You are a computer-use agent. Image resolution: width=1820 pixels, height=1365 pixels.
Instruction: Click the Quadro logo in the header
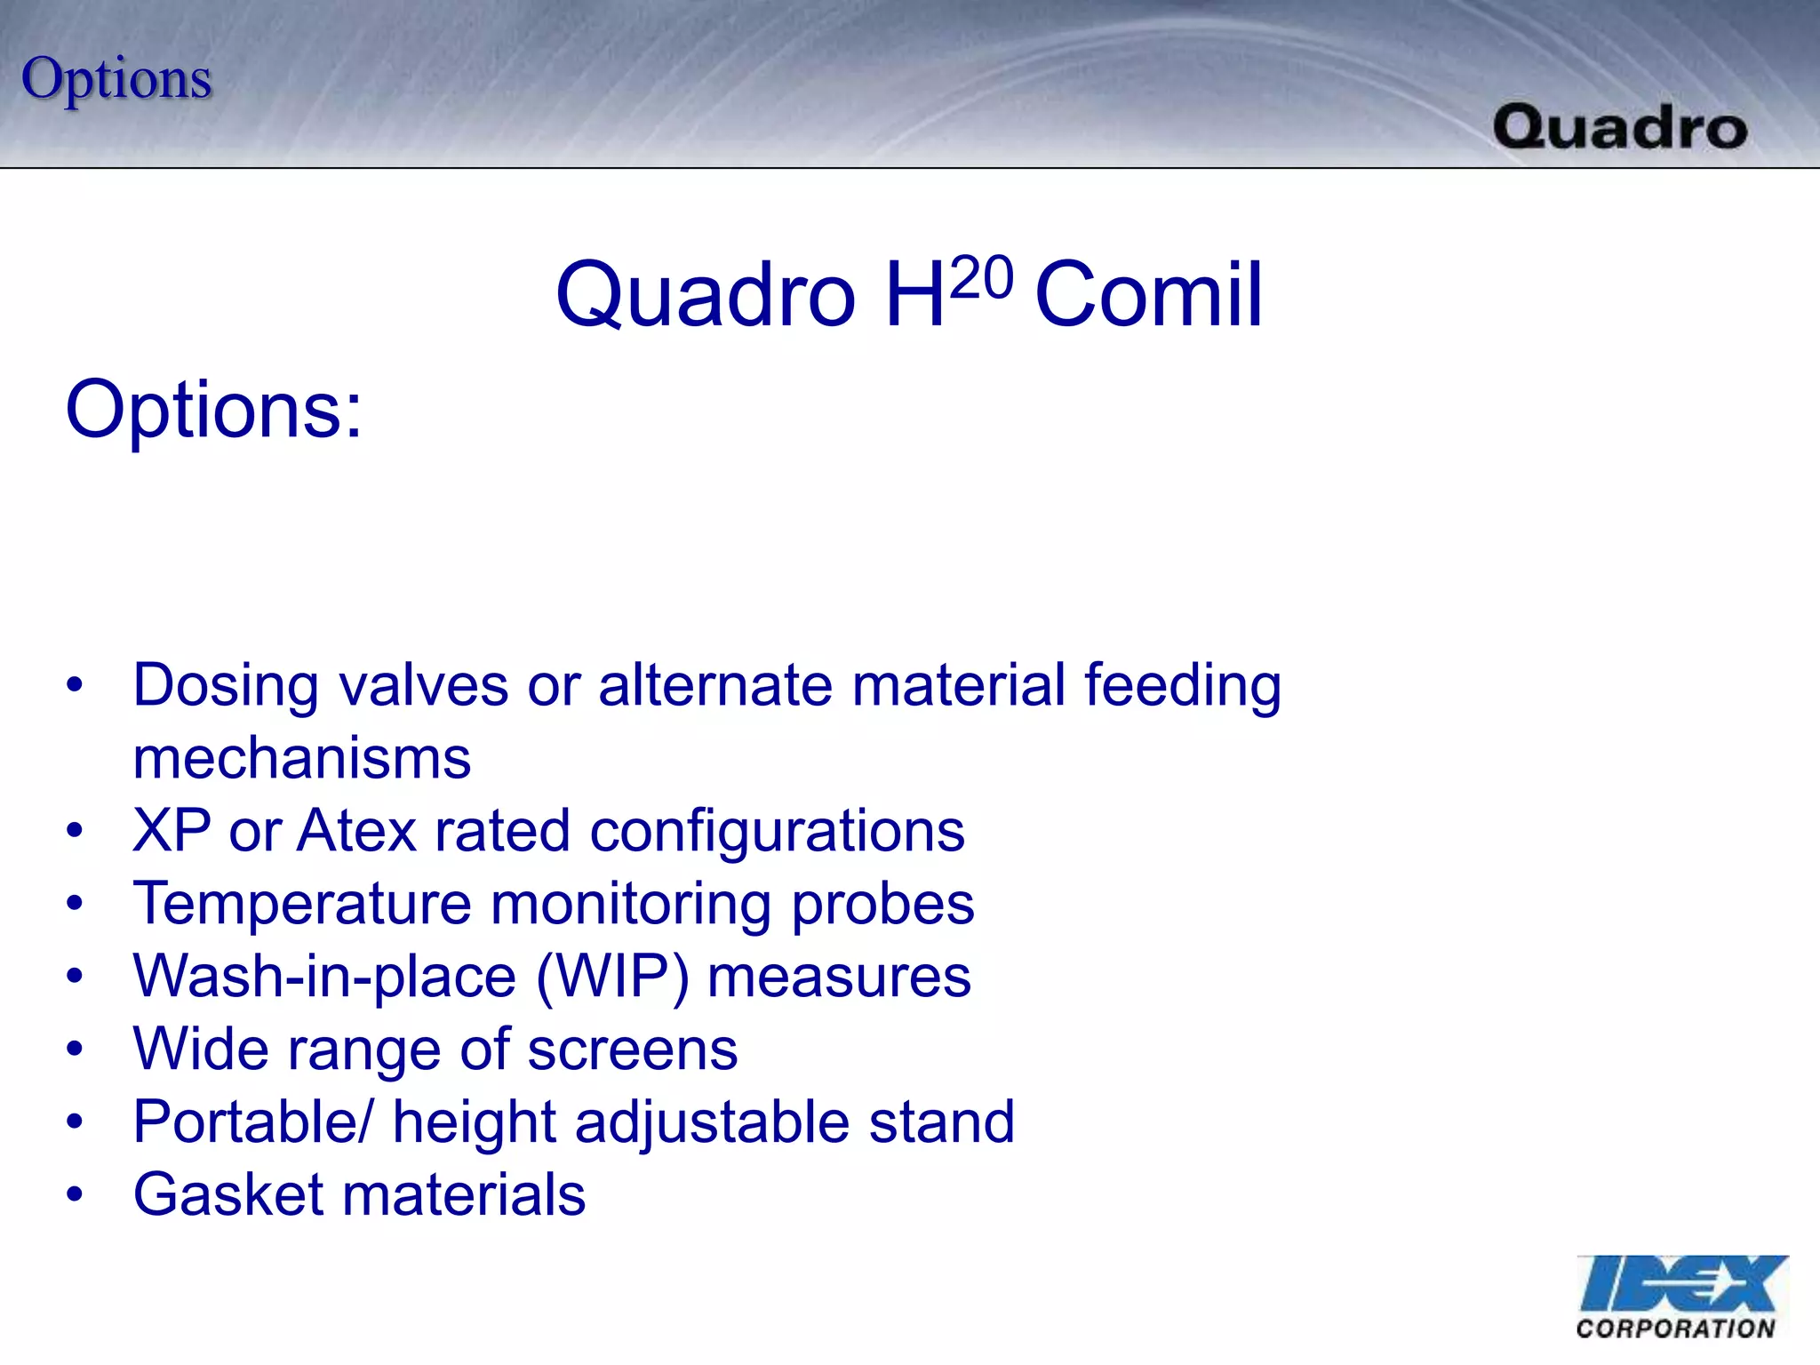(x=1620, y=127)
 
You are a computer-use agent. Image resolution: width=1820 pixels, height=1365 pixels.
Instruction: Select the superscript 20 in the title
(x=981, y=277)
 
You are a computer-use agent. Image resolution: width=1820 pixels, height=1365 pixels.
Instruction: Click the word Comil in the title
(x=1148, y=295)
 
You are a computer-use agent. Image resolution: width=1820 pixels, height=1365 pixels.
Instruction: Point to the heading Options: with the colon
(x=214, y=411)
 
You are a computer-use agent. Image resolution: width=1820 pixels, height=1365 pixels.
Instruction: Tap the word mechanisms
(x=302, y=759)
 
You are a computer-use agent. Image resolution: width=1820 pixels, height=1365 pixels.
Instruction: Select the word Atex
(x=356, y=832)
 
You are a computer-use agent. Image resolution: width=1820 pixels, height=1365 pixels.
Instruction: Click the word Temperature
(x=302, y=905)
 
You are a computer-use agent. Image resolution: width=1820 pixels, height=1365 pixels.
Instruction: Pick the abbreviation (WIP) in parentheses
(x=612, y=978)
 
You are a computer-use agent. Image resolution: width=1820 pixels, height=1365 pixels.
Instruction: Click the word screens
(x=632, y=1050)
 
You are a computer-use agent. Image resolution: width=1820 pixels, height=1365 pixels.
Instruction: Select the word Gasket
(x=228, y=1195)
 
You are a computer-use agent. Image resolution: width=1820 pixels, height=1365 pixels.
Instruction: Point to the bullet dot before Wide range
(x=75, y=1050)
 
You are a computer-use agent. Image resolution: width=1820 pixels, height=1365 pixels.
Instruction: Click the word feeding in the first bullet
(x=1182, y=686)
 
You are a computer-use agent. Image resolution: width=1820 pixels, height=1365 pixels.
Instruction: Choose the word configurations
(x=777, y=832)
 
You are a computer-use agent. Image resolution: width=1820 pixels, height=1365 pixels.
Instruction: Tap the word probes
(x=882, y=905)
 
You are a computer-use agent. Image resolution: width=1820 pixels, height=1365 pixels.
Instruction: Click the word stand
(x=941, y=1122)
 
